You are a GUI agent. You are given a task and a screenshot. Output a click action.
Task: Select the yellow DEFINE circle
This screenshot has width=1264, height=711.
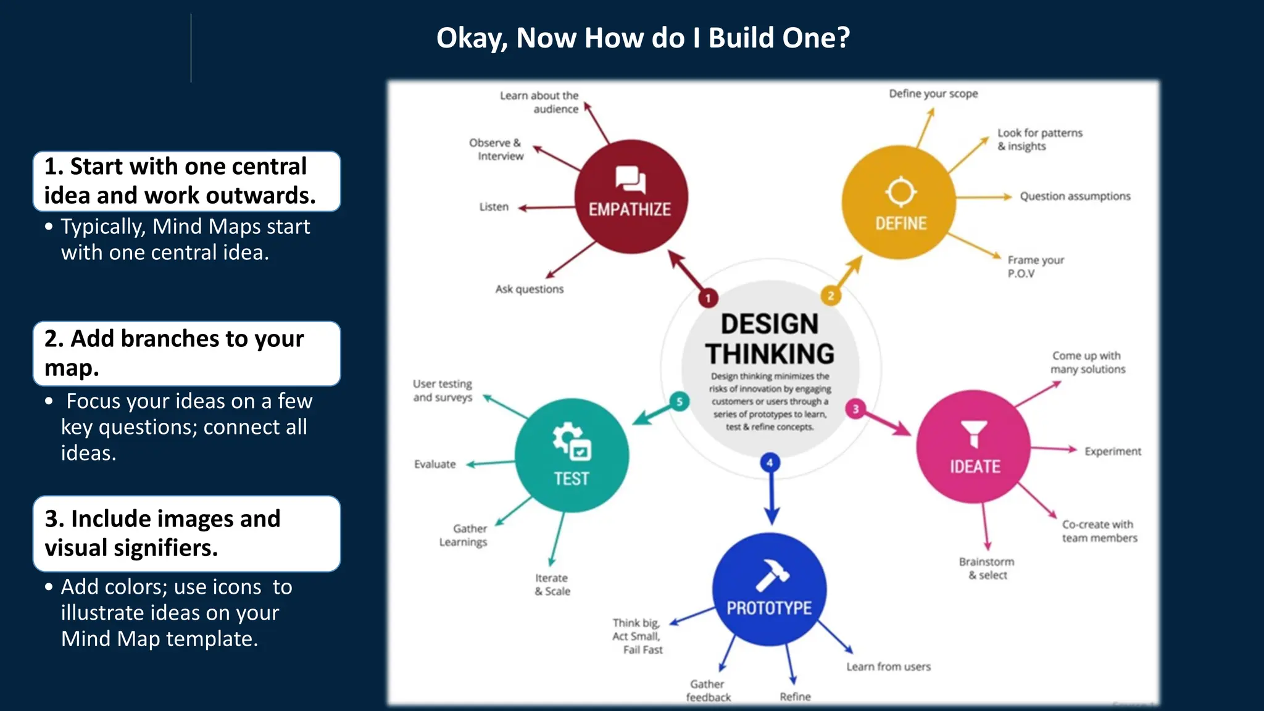coord(899,202)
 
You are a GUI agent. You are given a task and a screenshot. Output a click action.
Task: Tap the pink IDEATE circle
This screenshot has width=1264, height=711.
coord(973,447)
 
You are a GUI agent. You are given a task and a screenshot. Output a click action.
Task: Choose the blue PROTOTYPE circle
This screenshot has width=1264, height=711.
coord(769,589)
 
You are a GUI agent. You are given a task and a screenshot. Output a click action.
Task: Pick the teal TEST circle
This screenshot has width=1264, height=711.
coord(572,455)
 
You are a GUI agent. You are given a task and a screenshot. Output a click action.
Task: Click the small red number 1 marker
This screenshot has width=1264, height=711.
coord(708,298)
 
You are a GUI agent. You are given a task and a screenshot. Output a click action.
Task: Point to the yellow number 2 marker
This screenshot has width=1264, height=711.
coord(831,296)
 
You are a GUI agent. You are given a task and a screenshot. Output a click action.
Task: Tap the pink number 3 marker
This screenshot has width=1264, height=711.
coord(855,409)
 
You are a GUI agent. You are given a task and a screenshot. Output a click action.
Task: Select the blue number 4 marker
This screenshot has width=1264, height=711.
coord(770,462)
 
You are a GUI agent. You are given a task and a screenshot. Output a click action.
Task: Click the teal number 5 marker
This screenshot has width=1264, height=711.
coord(680,402)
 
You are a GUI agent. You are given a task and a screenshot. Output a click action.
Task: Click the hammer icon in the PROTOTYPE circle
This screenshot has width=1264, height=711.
coord(771,575)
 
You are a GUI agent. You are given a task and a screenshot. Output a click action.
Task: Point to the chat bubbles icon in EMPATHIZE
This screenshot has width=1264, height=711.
coord(630,180)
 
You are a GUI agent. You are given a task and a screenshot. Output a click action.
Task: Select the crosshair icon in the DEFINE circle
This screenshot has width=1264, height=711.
coord(900,192)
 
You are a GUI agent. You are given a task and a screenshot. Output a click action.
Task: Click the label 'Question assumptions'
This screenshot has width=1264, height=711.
coord(1075,196)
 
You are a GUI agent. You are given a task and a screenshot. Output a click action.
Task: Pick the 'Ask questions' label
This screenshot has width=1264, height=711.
coord(530,289)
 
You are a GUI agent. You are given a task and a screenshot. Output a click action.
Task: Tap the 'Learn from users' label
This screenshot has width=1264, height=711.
coord(888,667)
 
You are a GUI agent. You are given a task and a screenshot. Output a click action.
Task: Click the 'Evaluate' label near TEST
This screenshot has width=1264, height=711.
coord(435,464)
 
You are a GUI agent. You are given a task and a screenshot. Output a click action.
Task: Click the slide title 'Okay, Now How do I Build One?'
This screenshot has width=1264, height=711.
coord(643,38)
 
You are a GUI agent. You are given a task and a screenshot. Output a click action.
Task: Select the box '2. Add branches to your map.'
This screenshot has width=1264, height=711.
coord(186,353)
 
